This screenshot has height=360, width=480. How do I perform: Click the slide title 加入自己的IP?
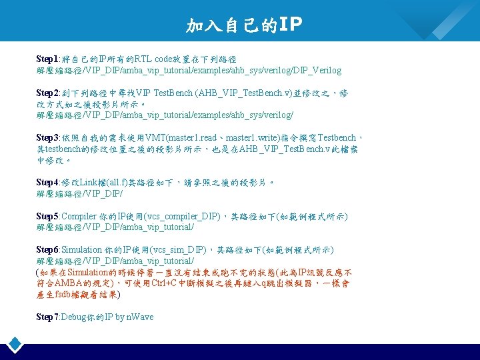[244, 25]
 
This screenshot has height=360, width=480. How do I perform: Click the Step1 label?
[48, 59]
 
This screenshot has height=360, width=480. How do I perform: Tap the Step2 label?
[48, 93]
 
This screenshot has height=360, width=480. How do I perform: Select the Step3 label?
[48, 138]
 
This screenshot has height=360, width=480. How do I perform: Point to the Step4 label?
[48, 182]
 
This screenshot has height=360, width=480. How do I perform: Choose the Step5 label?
[48, 216]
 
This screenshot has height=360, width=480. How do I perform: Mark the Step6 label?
[48, 249]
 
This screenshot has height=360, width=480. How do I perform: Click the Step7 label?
[48, 317]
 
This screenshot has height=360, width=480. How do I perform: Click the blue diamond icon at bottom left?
[15, 345]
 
